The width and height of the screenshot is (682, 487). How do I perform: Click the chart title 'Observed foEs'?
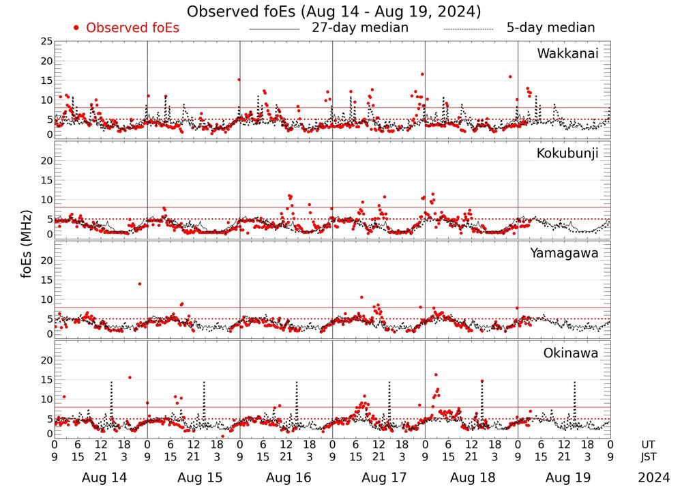334,12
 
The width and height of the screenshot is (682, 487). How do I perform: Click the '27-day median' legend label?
359,28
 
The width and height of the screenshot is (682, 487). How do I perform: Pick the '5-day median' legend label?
550,28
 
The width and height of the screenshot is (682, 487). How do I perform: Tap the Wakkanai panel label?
567,54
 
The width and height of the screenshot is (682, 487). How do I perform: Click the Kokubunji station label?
566,153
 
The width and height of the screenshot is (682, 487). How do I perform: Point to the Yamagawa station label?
564,254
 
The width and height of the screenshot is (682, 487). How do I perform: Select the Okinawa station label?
570,353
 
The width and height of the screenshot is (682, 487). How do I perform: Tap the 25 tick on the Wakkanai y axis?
46,42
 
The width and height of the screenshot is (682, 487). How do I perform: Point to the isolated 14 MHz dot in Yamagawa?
140,284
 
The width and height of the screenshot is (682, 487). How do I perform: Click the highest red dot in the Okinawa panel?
436,374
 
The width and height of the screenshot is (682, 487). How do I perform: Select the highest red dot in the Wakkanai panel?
423,74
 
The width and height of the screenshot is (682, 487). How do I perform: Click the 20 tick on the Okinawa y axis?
46,359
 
